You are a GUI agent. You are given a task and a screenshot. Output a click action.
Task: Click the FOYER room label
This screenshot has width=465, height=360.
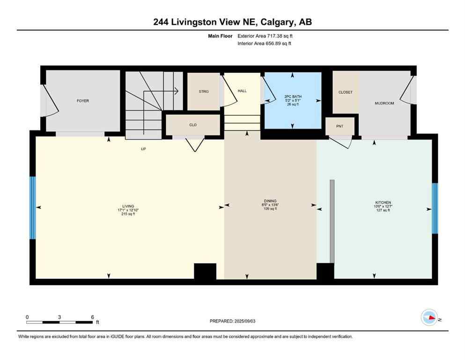[x=82, y=101]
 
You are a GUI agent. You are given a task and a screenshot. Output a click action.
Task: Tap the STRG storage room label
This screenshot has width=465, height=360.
[x=204, y=91]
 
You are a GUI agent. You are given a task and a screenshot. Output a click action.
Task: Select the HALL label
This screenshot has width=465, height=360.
[x=242, y=91]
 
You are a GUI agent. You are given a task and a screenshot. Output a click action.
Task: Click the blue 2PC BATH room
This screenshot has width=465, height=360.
[x=293, y=101]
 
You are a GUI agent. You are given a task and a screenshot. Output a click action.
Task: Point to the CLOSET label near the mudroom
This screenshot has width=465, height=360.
[x=345, y=92]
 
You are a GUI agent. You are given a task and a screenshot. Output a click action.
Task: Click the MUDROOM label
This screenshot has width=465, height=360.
[x=384, y=103]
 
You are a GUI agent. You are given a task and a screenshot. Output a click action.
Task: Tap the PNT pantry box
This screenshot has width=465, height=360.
[x=340, y=126]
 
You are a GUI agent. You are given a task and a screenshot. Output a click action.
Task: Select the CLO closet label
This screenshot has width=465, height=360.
[x=192, y=125]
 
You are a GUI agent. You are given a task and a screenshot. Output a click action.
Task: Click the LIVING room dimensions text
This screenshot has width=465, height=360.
[x=128, y=210]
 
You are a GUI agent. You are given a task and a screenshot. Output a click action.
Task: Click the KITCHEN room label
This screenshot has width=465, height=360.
[x=382, y=202]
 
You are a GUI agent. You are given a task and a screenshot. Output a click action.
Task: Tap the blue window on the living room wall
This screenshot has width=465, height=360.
[x=33, y=208]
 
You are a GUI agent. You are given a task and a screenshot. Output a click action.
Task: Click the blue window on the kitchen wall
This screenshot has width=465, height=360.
[x=435, y=208]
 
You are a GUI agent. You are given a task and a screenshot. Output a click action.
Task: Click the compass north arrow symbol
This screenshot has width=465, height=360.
[x=429, y=317]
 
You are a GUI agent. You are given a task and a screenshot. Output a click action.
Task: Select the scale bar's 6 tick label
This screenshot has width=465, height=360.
[x=92, y=317]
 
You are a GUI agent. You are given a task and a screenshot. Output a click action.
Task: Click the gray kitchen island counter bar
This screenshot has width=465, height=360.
[x=332, y=221]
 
